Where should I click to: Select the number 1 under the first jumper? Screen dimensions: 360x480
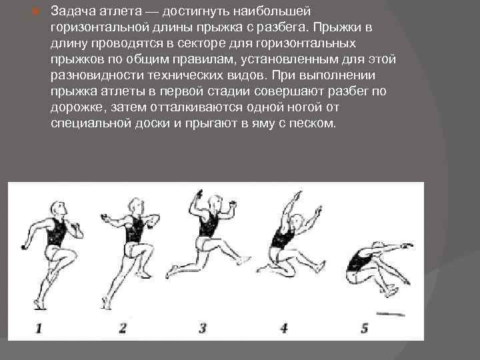point(38,327)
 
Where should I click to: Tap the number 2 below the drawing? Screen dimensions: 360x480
point(122,327)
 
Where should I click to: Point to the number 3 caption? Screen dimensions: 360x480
point(202,327)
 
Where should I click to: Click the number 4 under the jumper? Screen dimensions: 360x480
point(283,327)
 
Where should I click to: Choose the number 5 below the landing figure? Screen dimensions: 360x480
point(363,327)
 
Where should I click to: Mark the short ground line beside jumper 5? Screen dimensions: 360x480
point(393,312)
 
